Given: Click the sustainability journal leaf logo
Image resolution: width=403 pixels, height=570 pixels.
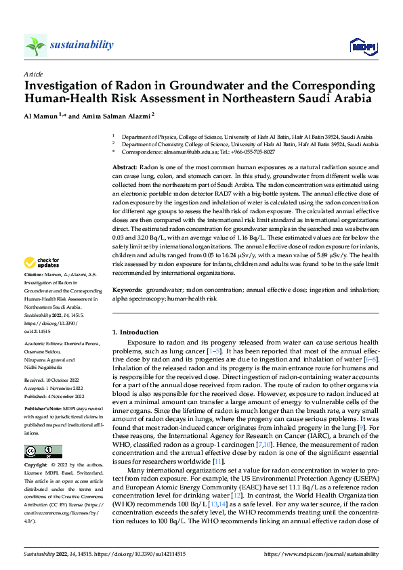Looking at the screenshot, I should pos(35,45).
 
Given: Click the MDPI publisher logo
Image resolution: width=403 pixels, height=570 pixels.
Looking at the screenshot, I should pos(362,46).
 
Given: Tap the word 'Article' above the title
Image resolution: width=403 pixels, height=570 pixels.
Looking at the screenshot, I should pos(33,73).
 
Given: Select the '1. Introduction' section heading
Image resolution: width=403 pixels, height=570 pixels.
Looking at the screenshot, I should pos(135,332).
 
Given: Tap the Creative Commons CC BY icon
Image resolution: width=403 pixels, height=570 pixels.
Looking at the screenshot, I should pos(43,452).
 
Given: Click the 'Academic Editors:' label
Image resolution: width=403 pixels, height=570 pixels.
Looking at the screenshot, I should pos(45,345).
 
